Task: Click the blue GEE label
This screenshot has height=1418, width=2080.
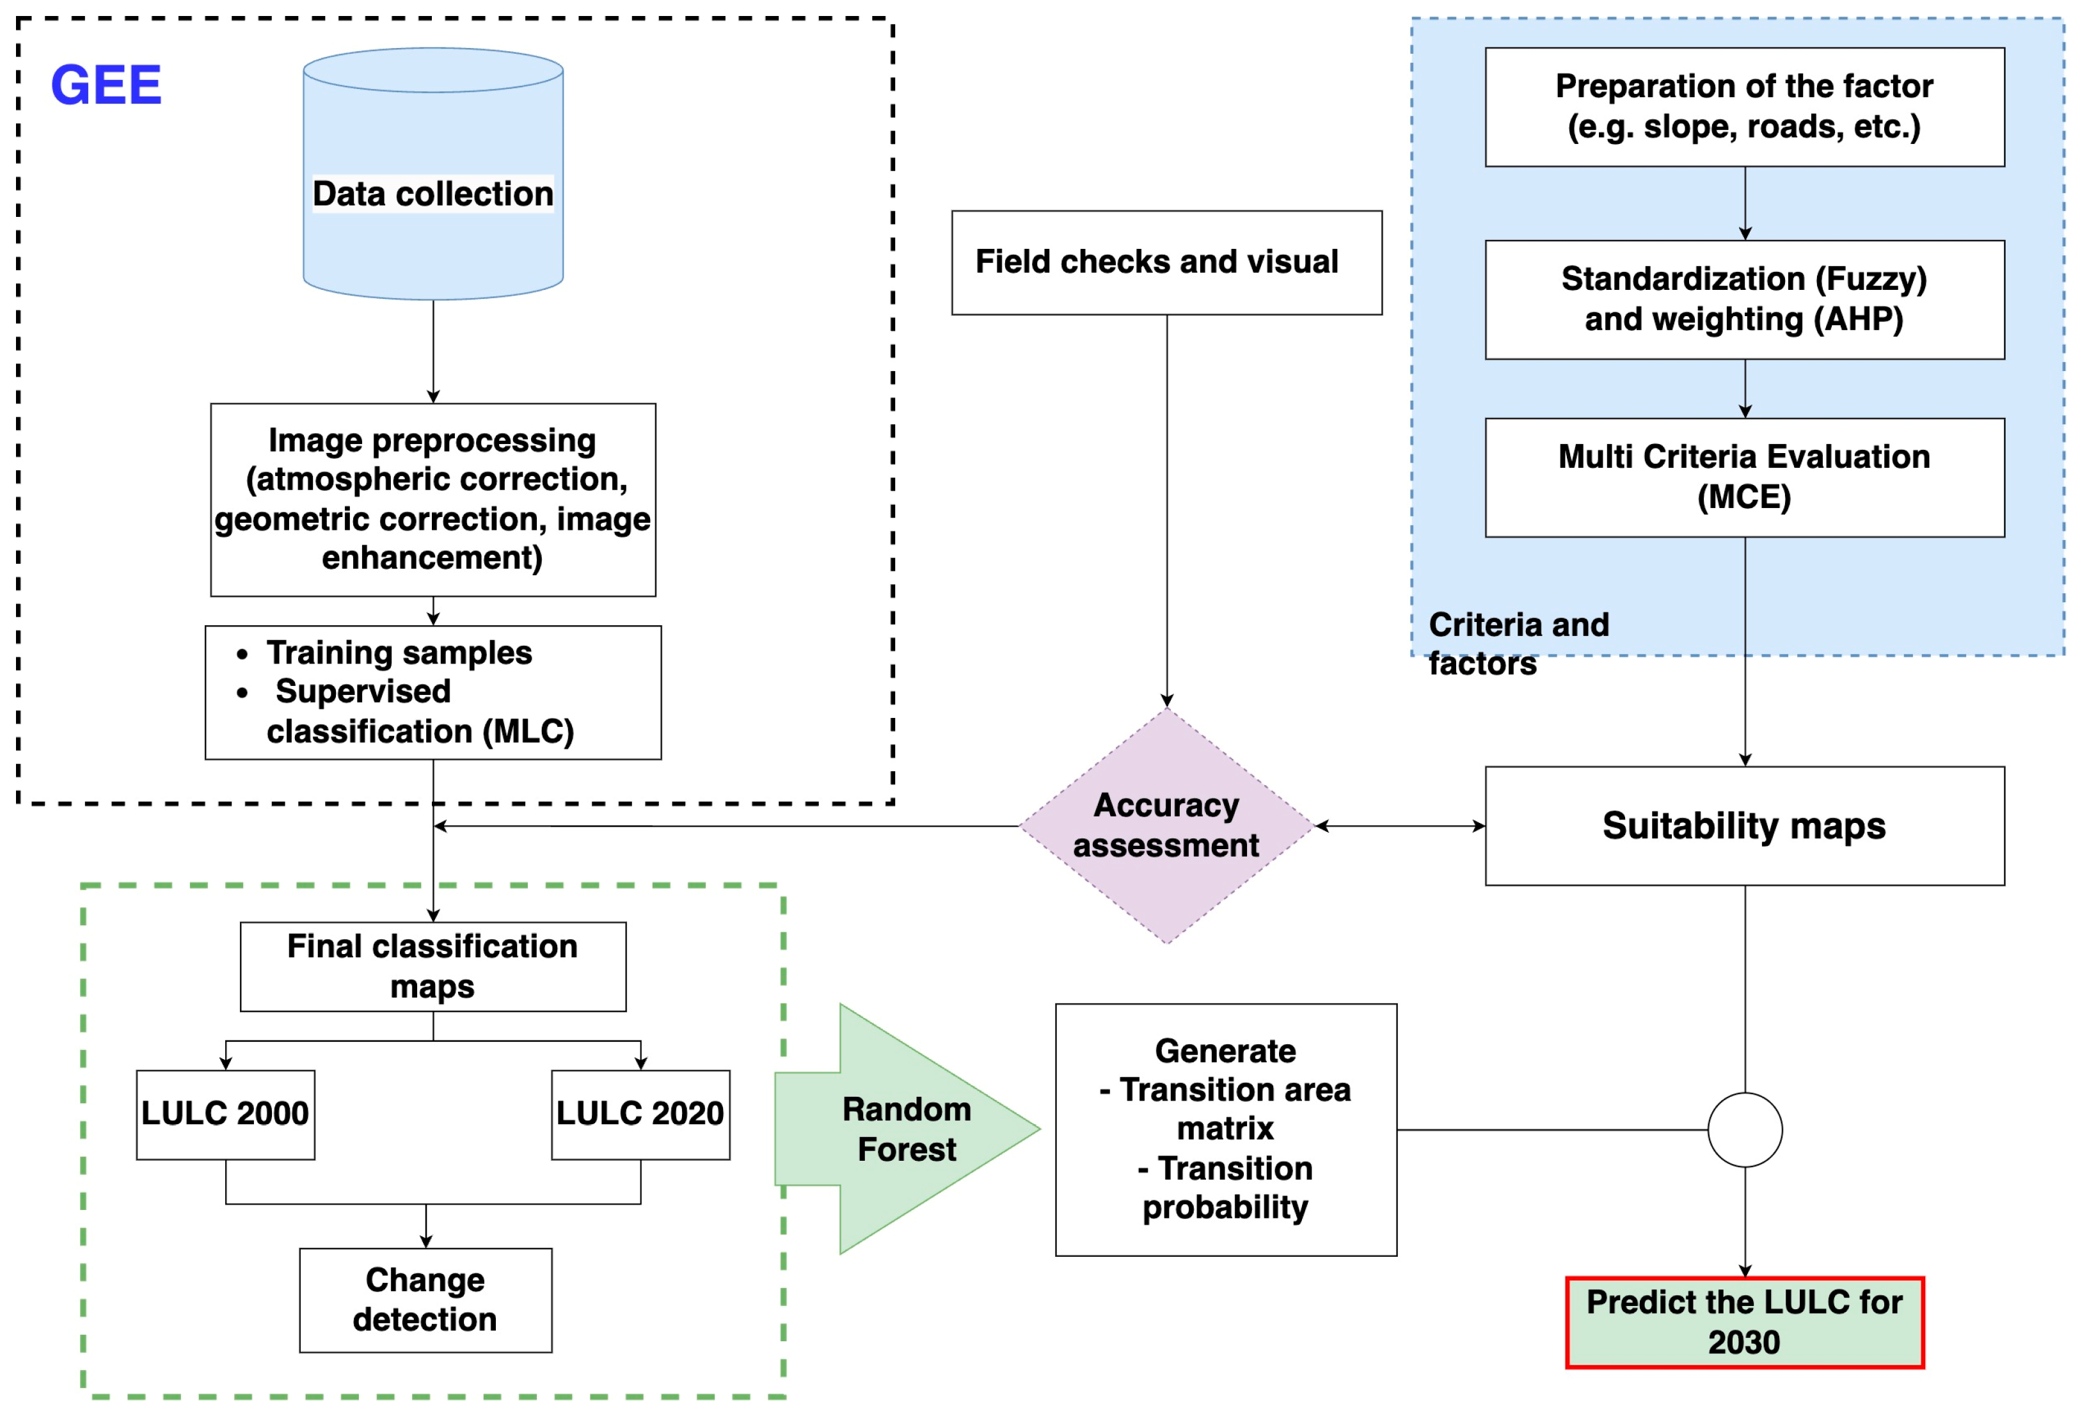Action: click(x=106, y=85)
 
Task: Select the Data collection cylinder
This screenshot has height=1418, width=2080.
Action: click(x=433, y=193)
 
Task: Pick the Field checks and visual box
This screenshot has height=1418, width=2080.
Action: click(x=1166, y=262)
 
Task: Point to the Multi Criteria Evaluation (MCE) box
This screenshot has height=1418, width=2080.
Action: click(x=1743, y=477)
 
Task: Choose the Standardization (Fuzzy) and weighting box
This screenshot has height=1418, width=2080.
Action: click(x=1743, y=299)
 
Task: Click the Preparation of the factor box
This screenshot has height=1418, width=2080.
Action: click(x=1743, y=106)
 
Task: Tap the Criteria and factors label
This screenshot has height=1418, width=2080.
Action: click(x=1518, y=642)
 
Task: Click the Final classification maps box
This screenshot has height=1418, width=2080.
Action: click(x=433, y=966)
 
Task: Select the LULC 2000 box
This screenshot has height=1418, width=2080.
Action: click(x=226, y=1113)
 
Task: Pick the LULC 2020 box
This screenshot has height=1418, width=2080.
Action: click(x=640, y=1113)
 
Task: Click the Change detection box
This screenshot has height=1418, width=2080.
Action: click(x=425, y=1299)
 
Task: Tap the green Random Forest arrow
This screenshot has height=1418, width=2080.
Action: click(x=906, y=1129)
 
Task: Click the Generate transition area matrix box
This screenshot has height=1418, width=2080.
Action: click(x=1225, y=1129)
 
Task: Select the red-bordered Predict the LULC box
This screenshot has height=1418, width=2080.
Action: click(x=1743, y=1321)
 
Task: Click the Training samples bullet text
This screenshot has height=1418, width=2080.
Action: click(x=399, y=653)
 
